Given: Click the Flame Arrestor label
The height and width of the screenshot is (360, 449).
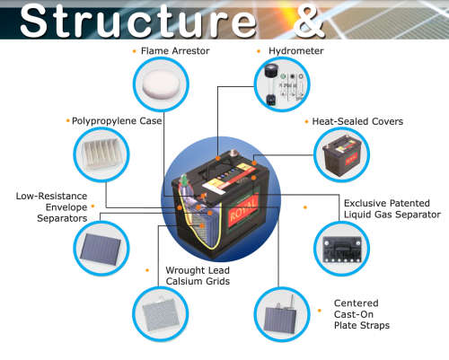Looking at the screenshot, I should [x=176, y=52].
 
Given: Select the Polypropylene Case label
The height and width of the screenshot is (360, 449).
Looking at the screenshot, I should [x=117, y=119].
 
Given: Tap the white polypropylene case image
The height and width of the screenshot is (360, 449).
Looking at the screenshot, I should [x=102, y=155].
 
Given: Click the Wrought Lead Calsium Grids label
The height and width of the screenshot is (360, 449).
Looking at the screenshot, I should [x=197, y=276].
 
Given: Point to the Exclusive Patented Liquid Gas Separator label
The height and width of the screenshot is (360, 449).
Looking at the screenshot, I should [x=392, y=208].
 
